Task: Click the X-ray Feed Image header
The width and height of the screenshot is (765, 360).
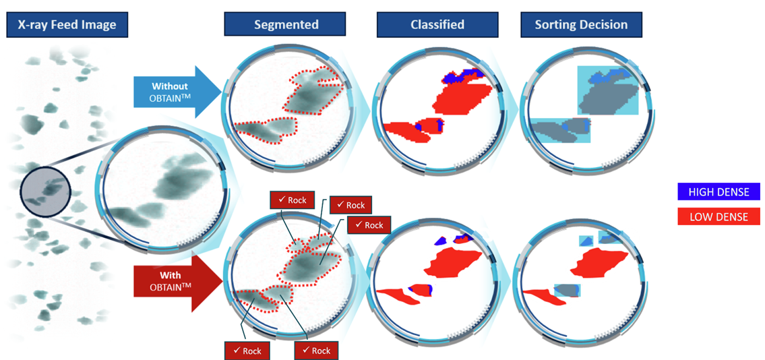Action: click(x=67, y=25)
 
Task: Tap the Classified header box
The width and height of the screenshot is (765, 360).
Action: click(x=437, y=24)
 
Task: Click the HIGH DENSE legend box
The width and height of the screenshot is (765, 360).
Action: click(x=718, y=191)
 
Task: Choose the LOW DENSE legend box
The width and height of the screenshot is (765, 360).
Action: click(x=718, y=216)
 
